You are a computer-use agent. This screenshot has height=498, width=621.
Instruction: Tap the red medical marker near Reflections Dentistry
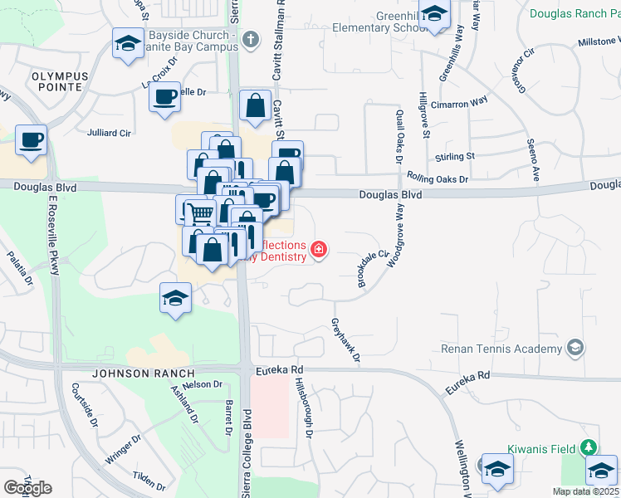[x=318, y=249]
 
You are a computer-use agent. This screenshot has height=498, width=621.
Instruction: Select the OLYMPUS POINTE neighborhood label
[x=60, y=81]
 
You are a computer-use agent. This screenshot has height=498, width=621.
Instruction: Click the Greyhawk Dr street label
[x=346, y=339]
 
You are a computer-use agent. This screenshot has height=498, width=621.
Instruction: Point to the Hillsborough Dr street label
[x=304, y=408]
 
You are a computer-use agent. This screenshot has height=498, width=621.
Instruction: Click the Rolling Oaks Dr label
[x=438, y=178]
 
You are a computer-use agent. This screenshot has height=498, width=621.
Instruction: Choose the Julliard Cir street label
[x=110, y=131]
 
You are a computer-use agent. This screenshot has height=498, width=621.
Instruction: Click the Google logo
[x=27, y=488]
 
